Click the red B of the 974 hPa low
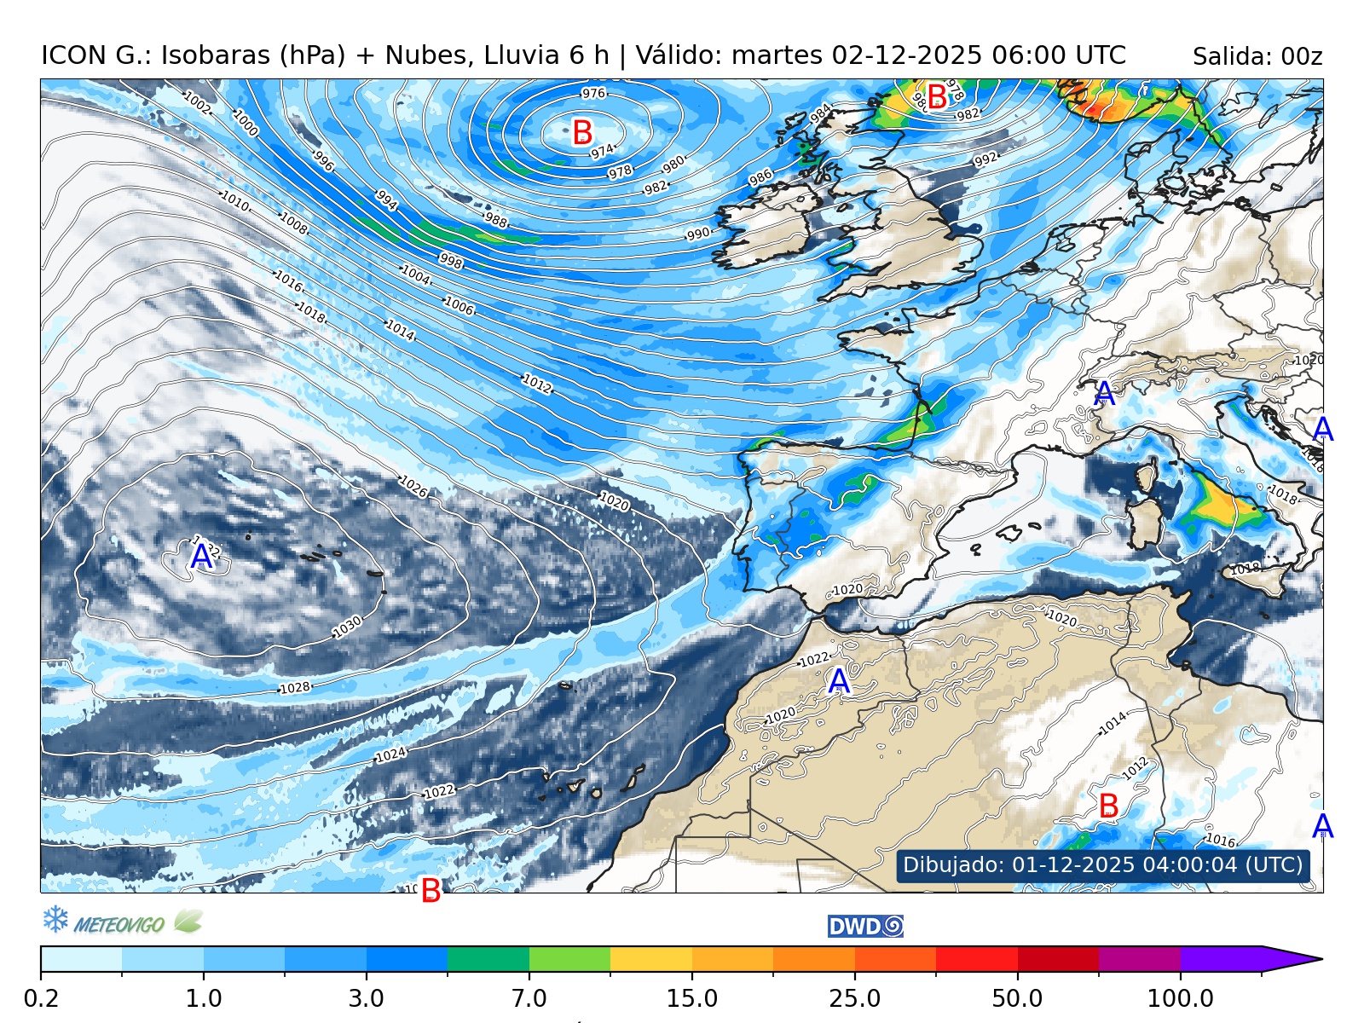tap(582, 133)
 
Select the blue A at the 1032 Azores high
tap(201, 558)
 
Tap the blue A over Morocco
tap(839, 681)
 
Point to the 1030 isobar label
tap(347, 627)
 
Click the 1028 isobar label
tap(295, 688)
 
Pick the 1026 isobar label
tap(413, 487)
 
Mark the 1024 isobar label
tap(391, 755)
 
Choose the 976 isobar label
tap(593, 93)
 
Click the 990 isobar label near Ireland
tap(698, 234)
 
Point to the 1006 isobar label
tap(459, 305)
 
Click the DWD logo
tap(865, 927)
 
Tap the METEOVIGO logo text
tap(118, 924)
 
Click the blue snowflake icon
tap(55, 919)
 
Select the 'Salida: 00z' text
tap(1257, 57)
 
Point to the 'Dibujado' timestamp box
tap(1102, 865)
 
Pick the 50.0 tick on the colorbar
tap(1017, 997)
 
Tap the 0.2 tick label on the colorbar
tap(41, 997)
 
